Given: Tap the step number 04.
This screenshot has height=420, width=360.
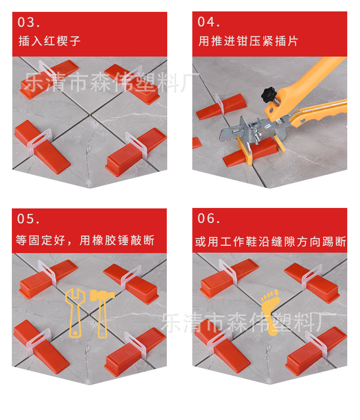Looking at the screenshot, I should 209,22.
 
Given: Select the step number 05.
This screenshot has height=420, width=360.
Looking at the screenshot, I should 29,219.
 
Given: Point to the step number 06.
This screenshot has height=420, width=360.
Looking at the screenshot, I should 209,219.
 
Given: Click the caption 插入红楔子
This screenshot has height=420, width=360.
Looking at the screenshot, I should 50,41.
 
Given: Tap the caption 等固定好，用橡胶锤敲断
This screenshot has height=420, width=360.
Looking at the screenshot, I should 85,240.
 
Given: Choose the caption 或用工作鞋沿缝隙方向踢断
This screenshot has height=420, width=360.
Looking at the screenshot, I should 271,241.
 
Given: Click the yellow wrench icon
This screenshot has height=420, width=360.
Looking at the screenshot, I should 74,312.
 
